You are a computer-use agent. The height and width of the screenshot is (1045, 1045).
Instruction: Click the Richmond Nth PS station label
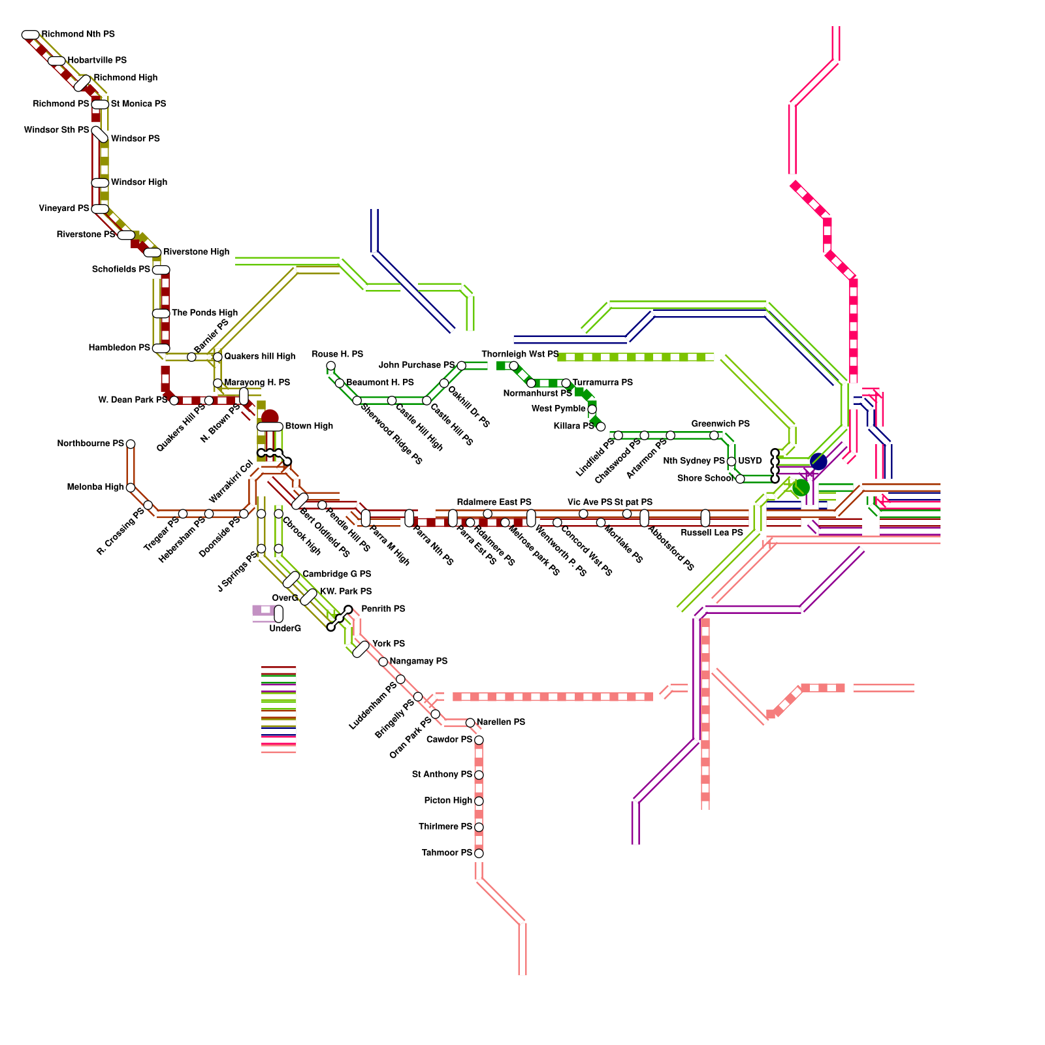pos(78,34)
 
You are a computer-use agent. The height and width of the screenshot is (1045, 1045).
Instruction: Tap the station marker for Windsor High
pos(100,183)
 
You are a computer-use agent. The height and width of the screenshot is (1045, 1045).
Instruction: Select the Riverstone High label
pos(196,252)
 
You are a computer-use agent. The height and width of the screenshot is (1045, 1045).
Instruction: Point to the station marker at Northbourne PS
pos(131,444)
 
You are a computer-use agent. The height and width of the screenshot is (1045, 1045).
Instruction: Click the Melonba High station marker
pos(131,488)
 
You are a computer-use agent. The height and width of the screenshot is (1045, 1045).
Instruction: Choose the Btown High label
pos(309,426)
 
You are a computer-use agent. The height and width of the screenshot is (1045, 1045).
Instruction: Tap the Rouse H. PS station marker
pos(330,366)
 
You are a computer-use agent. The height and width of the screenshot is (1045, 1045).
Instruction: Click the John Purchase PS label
pos(417,365)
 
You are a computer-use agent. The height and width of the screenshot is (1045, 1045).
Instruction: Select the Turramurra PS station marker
pos(566,383)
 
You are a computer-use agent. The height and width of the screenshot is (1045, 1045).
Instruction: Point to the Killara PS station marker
pos(601,427)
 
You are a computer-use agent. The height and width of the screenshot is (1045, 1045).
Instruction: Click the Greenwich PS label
pos(720,424)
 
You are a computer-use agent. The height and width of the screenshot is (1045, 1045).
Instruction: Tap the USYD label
pos(750,461)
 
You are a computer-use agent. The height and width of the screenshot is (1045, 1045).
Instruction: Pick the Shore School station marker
pos(740,479)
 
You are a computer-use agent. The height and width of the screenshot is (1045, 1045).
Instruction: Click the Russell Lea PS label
pos(712,533)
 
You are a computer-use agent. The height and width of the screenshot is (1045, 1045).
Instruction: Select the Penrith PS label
pos(383,609)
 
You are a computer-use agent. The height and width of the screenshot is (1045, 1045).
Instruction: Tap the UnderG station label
pos(285,628)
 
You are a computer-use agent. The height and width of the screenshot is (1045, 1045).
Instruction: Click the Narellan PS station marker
pos(470,722)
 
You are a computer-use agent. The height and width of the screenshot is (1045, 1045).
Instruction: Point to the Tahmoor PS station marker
pos(479,853)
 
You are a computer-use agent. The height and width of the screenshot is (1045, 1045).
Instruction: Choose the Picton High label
pos(448,801)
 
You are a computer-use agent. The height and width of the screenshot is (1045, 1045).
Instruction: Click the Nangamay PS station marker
pos(383,662)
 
